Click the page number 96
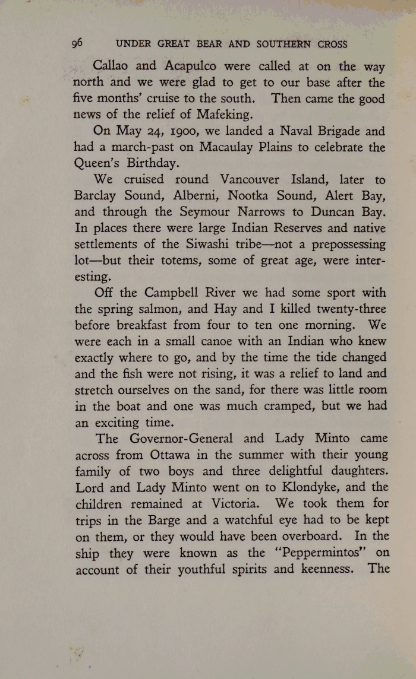(x=77, y=43)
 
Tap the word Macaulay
(x=222, y=148)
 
